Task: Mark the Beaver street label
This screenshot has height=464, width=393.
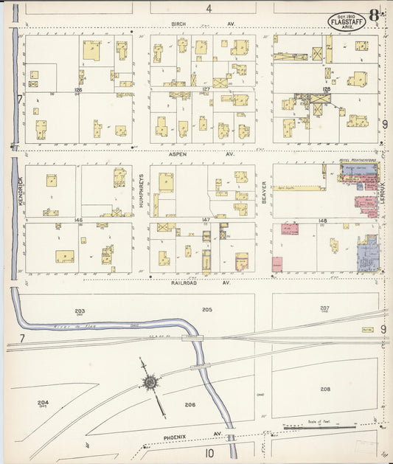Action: (x=263, y=192)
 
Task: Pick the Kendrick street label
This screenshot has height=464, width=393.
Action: (x=21, y=190)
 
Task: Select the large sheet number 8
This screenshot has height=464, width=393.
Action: (x=375, y=15)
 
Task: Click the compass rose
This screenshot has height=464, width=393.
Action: (x=150, y=382)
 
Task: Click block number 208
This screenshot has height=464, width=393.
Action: (x=325, y=388)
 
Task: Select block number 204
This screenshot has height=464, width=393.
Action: (x=43, y=402)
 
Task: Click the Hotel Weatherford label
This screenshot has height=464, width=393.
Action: (x=358, y=160)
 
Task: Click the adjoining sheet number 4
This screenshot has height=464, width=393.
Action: (x=209, y=8)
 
